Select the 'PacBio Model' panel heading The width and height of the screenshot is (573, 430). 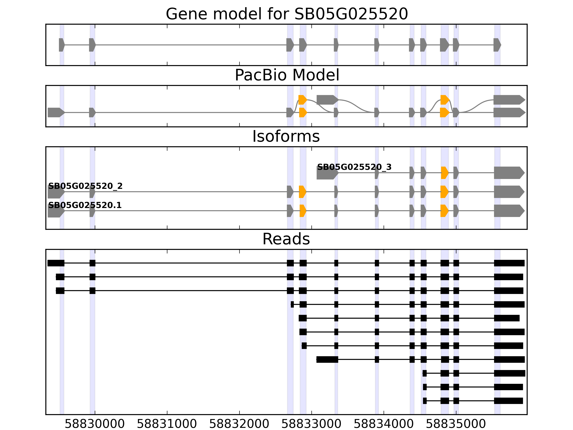click(287, 75)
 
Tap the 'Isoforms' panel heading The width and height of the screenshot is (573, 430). click(286, 136)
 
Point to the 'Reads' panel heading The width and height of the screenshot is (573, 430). click(286, 239)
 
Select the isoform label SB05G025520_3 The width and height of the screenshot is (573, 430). click(354, 167)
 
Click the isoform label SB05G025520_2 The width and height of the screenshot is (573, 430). click(85, 186)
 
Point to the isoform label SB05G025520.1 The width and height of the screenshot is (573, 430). click(85, 205)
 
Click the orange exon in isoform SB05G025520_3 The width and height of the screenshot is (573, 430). click(444, 173)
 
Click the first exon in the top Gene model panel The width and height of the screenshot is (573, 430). click(61, 45)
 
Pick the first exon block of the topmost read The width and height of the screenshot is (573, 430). click(56, 263)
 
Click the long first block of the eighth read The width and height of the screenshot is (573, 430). click(327, 360)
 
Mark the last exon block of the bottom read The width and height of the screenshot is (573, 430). click(508, 401)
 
